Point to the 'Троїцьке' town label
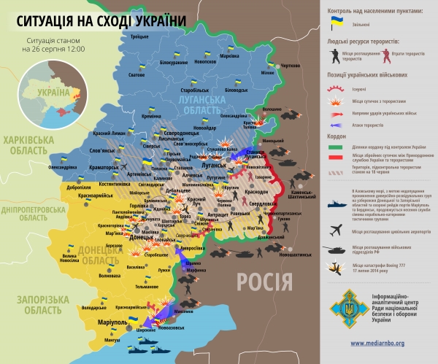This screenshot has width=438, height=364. click(x=139, y=36)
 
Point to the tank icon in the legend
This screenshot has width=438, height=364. click(x=337, y=249)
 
